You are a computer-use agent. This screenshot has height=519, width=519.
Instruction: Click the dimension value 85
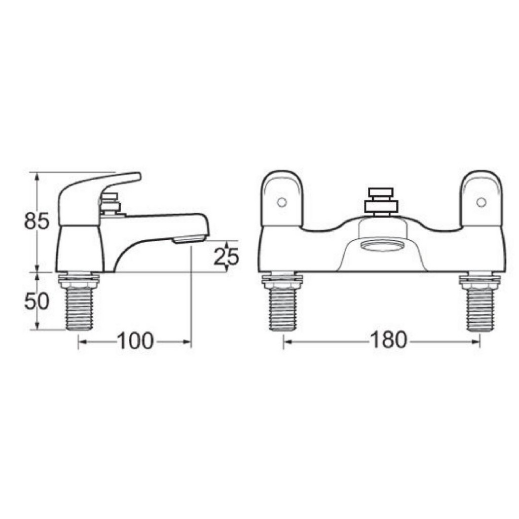(37, 221)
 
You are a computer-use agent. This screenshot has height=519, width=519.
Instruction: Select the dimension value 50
(37, 301)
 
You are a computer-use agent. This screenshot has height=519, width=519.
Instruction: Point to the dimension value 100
(135, 341)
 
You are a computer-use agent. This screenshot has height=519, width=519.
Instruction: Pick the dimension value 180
(389, 340)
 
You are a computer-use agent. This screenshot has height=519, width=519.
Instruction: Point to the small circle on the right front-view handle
(480, 202)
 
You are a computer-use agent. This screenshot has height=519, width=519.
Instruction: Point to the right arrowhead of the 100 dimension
(188, 343)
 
